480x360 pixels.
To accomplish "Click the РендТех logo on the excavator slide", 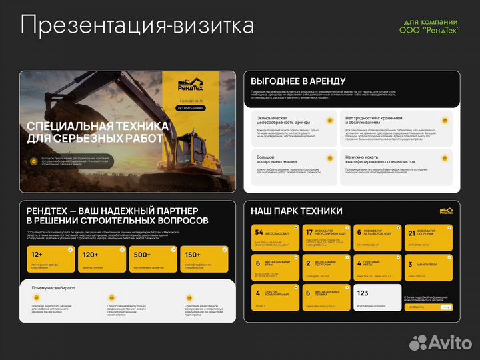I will [x=191, y=85].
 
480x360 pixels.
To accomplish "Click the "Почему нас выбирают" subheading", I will [x=53, y=288].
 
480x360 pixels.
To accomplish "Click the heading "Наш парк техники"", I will [x=297, y=211].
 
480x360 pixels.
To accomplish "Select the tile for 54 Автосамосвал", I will [x=274, y=237].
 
